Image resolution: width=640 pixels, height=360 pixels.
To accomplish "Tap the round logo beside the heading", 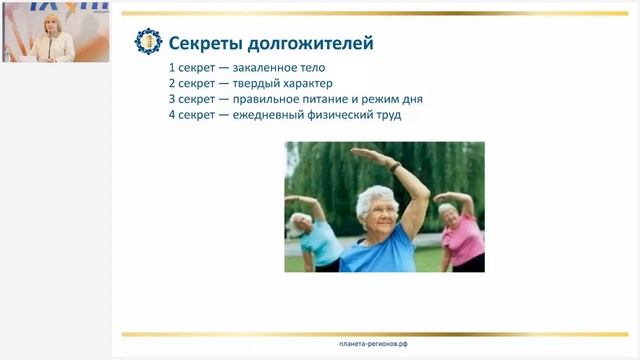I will pyautogui.click(x=147, y=43).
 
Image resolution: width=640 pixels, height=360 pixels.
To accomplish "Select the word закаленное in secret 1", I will pyautogui.click(x=265, y=68).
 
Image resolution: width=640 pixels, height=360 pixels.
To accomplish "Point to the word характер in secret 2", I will pyautogui.click(x=304, y=84).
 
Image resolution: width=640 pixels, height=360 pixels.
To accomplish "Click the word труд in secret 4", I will pyautogui.click(x=386, y=116).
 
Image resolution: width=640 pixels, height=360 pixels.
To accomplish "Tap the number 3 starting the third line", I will pyautogui.click(x=173, y=100).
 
